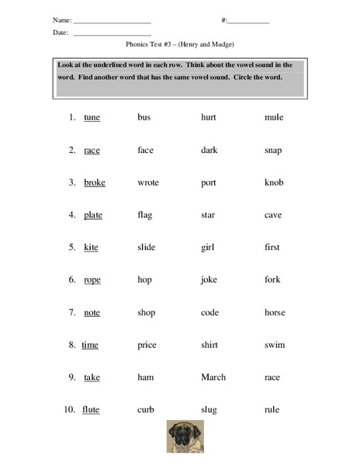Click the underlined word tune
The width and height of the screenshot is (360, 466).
pyautogui.click(x=92, y=117)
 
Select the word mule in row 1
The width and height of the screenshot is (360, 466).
pyautogui.click(x=274, y=117)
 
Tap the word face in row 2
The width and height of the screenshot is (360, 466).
pyautogui.click(x=146, y=150)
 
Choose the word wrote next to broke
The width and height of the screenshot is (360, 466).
pyautogui.click(x=148, y=183)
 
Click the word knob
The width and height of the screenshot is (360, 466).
pyautogui.click(x=274, y=183)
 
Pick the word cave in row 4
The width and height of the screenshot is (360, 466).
pyautogui.click(x=273, y=215)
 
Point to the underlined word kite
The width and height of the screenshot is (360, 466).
pyautogui.click(x=92, y=248)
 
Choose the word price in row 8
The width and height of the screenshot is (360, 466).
pyautogui.click(x=147, y=345)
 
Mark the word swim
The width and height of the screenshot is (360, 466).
pyautogui.click(x=275, y=345)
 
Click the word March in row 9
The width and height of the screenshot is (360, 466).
pyautogui.click(x=213, y=377)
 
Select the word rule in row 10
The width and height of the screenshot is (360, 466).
pyautogui.click(x=272, y=409)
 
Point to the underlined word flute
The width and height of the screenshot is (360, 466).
pyautogui.click(x=92, y=409)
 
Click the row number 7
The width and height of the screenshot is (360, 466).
pyautogui.click(x=71, y=312)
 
